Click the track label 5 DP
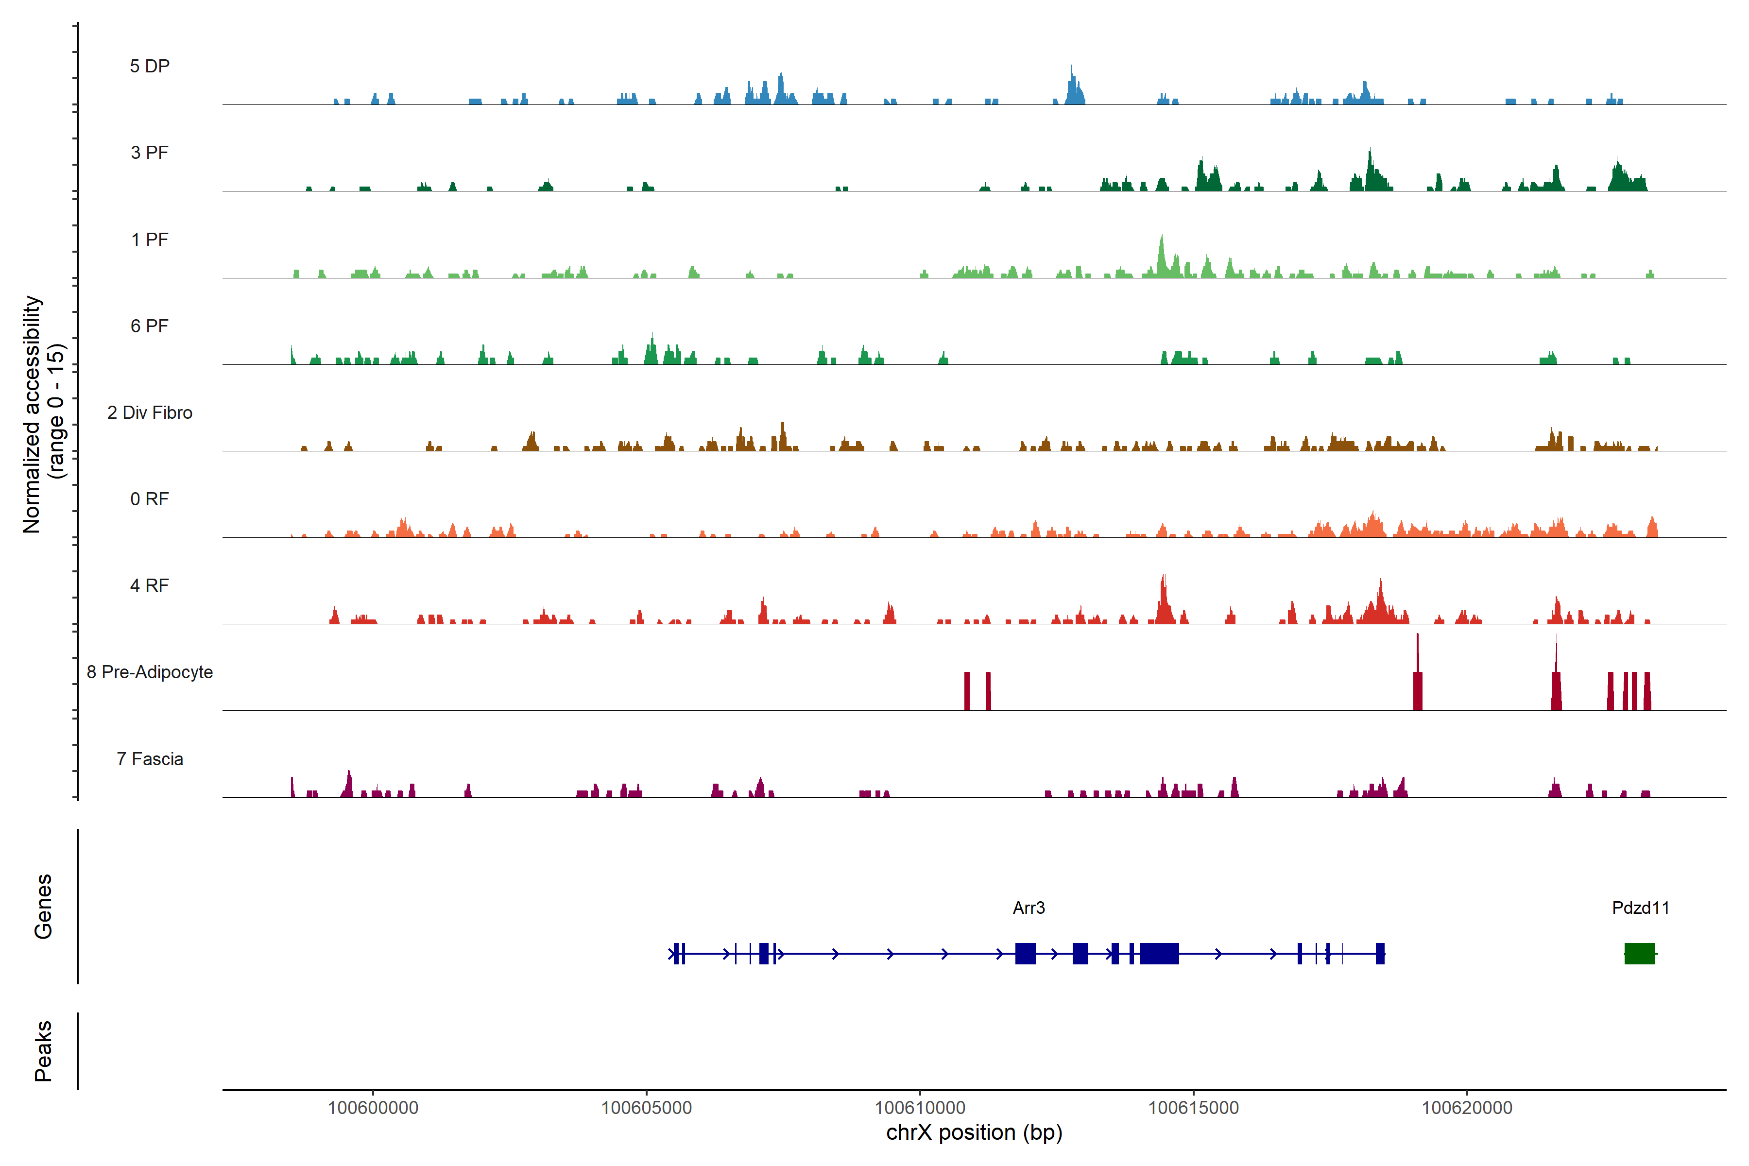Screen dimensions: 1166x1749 (150, 66)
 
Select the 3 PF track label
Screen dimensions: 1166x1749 (150, 153)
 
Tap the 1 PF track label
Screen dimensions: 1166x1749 (150, 240)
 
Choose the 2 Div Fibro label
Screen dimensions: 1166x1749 (150, 412)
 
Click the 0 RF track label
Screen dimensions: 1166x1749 (150, 499)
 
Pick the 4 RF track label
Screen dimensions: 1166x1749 (150, 585)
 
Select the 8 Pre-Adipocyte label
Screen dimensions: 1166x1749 (150, 672)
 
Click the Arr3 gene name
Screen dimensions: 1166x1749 (1029, 908)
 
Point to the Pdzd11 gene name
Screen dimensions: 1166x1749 (1641, 908)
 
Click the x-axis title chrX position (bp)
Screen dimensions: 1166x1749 (974, 1132)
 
